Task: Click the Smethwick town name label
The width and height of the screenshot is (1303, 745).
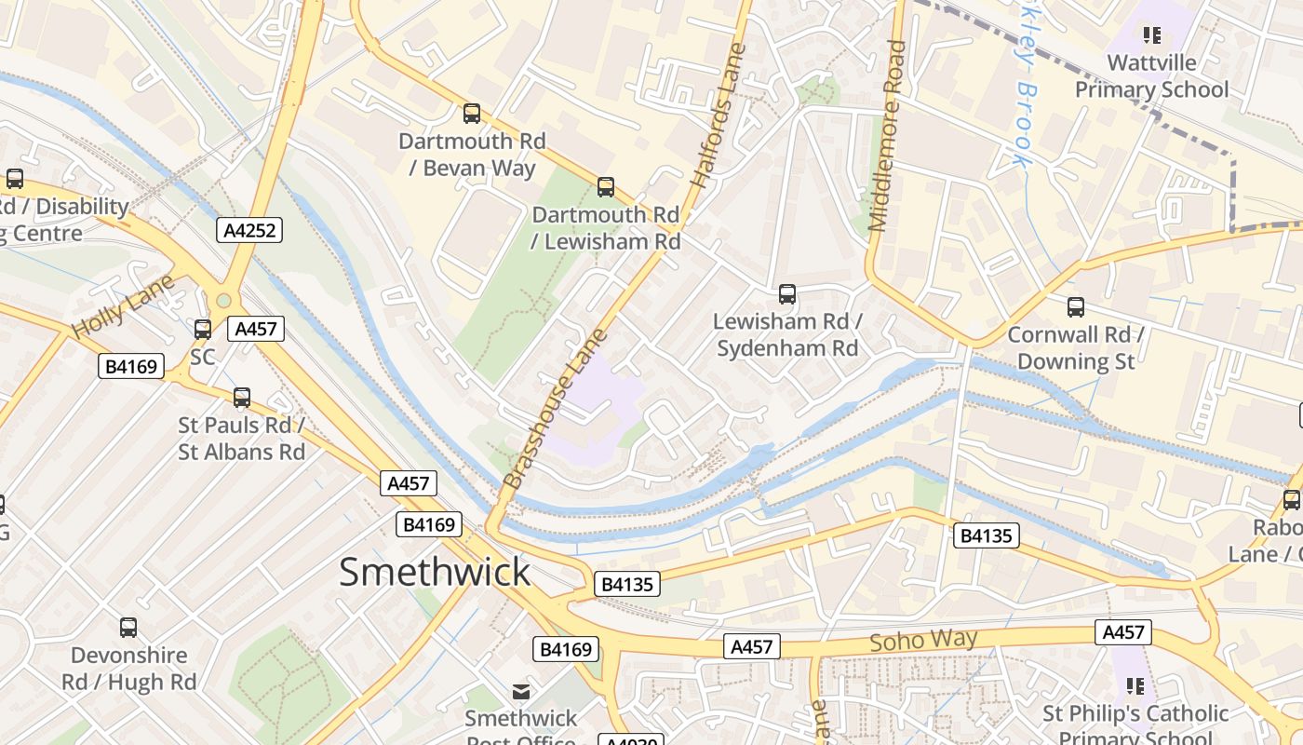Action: [x=435, y=571]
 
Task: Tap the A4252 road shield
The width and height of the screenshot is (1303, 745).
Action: [x=249, y=230]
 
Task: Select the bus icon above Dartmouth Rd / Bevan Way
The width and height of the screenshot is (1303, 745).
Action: [x=472, y=114]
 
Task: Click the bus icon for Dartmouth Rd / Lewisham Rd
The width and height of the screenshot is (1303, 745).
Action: [x=606, y=187]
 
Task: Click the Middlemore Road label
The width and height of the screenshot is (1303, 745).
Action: [x=887, y=135]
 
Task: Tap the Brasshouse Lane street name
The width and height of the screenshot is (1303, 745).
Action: [x=555, y=408]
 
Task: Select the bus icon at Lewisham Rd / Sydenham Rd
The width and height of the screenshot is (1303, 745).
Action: [x=787, y=294]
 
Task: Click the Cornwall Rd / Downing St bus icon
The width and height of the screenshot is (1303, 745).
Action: [x=1076, y=306]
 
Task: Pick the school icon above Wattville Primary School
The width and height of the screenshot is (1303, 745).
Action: [x=1152, y=35]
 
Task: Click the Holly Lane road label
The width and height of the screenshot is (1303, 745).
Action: [x=123, y=306]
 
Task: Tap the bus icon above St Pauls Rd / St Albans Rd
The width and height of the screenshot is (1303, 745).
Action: [x=242, y=398]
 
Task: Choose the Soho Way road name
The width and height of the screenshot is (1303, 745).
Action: [x=923, y=641]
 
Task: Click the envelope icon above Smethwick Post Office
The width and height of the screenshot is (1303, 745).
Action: [x=521, y=692]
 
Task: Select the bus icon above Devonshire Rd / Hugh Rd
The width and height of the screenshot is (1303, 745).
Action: [x=128, y=628]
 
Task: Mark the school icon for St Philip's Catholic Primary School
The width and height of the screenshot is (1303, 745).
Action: [x=1135, y=686]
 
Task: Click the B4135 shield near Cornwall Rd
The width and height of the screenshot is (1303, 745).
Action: [x=987, y=535]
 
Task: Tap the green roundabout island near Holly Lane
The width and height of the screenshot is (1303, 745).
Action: [x=223, y=301]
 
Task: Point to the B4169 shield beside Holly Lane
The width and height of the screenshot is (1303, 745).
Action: [x=130, y=366]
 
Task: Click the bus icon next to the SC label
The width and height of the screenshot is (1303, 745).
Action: [x=203, y=329]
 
